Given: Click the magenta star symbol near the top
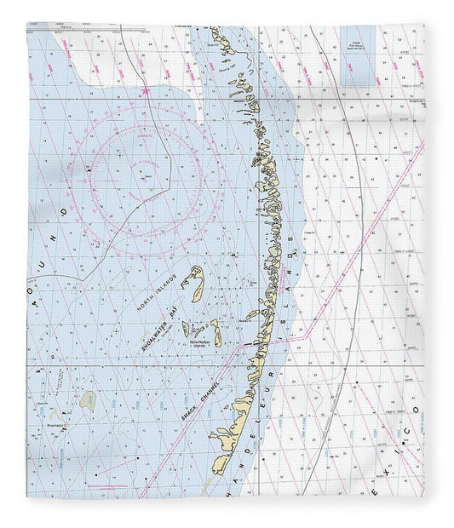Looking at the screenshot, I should point(146,89).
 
